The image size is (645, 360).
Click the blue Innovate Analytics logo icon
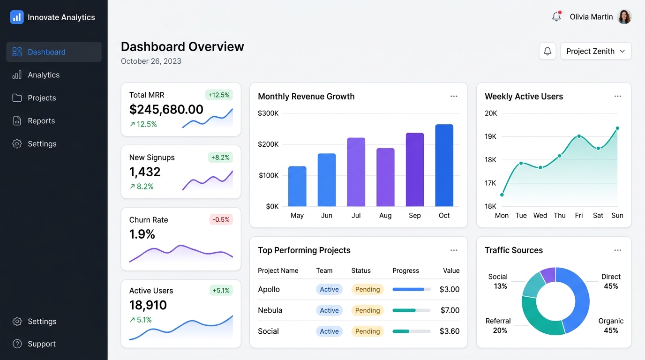point(17,17)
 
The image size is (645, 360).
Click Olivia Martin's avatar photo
point(624,17)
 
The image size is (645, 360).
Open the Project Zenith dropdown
point(596,51)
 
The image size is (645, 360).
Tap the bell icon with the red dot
point(556,16)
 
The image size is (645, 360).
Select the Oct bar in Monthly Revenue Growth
point(444,165)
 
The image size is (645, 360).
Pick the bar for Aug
point(385,177)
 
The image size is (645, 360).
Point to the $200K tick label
point(268,144)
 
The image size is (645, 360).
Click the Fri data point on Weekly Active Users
point(579,136)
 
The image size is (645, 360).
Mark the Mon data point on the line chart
point(502,195)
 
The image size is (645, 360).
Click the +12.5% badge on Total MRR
point(219,95)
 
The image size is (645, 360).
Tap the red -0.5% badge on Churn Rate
point(221,219)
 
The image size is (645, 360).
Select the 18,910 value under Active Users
point(148,305)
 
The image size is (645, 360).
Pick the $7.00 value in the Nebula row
point(450,310)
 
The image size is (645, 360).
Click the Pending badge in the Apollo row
point(367,289)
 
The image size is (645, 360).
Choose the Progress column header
point(405,270)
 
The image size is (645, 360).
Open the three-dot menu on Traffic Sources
point(618,250)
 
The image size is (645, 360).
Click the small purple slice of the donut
point(548,275)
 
